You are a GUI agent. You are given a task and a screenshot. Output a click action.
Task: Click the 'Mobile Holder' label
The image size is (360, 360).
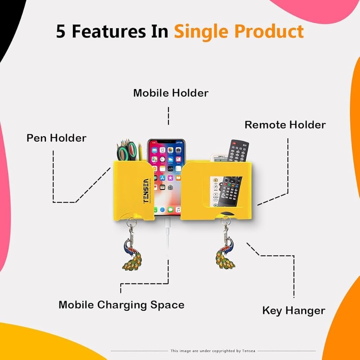point(171,93)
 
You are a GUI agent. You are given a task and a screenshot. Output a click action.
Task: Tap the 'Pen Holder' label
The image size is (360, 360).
point(57,138)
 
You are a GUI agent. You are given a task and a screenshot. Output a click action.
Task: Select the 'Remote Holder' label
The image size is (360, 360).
point(285,125)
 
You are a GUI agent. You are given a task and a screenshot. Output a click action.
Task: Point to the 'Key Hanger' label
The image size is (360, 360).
point(293,311)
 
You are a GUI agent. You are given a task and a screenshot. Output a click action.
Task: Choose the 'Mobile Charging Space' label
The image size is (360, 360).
point(121,305)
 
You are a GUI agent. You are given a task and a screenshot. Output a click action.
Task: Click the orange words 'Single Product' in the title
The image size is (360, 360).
point(239,32)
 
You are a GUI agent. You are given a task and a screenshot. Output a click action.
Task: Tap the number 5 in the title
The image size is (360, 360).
point(61,32)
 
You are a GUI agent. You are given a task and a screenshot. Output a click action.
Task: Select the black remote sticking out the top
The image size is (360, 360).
point(238,150)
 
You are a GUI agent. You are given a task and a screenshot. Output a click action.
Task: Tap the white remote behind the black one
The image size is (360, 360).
point(219,157)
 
